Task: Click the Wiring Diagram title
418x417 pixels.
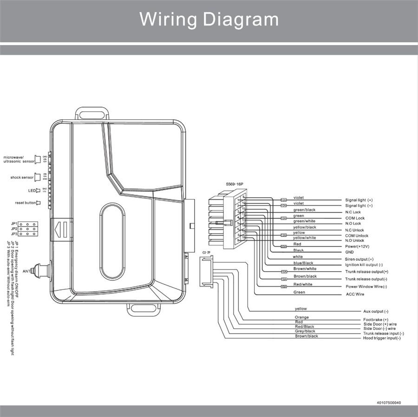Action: click(x=209, y=19)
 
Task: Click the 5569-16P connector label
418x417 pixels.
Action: click(x=234, y=184)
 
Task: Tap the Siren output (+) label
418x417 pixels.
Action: click(x=359, y=259)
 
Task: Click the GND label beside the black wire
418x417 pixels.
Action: click(x=349, y=252)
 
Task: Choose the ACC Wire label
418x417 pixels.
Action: click(x=354, y=294)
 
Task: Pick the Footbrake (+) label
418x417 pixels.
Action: click(x=376, y=320)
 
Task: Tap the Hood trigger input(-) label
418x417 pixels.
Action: click(x=381, y=338)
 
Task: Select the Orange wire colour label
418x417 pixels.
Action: click(x=302, y=317)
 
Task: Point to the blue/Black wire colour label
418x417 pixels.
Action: click(x=303, y=263)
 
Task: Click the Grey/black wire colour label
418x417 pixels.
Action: click(x=305, y=331)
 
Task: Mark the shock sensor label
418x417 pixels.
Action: click(x=22, y=178)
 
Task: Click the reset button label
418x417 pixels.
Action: click(x=26, y=203)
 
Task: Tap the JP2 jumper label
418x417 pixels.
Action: click(x=14, y=229)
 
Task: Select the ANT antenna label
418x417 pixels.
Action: click(x=26, y=271)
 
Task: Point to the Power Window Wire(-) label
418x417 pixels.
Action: click(x=366, y=287)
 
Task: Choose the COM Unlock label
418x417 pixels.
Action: click(x=357, y=236)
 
